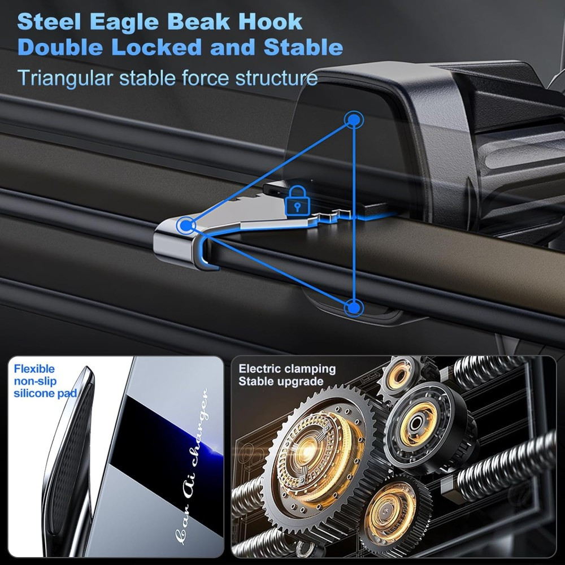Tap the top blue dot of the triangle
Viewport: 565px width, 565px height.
coord(354,120)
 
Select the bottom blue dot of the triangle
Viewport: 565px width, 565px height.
coord(354,308)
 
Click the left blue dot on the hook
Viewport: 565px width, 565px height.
coord(185,225)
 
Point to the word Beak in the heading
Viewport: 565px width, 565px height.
coord(202,22)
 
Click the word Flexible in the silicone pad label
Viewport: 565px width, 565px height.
coord(34,370)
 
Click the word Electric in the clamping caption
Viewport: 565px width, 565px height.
coord(262,369)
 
